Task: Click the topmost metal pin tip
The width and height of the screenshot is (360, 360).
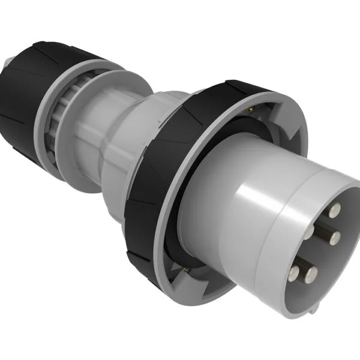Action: pos(335,209)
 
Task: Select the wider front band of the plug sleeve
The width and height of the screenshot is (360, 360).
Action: pos(282,198)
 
